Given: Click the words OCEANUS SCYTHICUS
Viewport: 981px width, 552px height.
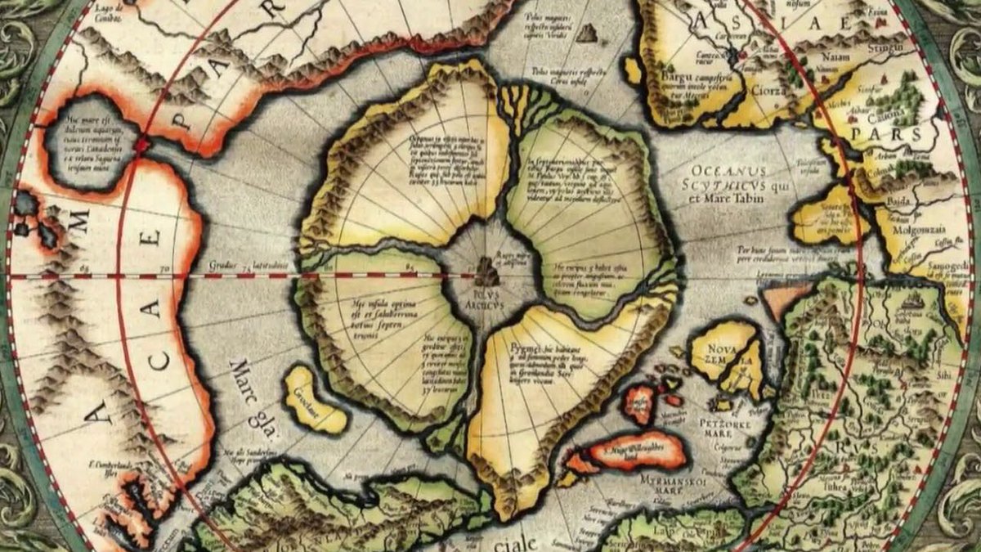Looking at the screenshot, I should click(728, 178).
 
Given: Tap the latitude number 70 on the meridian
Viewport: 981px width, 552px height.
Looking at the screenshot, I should click(163, 267).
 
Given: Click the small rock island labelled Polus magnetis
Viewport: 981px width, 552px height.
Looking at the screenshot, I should click(586, 34).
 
